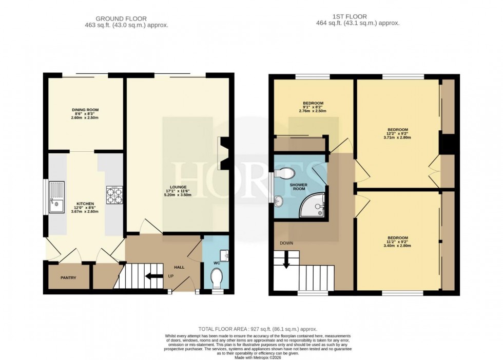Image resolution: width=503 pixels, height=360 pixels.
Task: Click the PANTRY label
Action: (x=68, y=278)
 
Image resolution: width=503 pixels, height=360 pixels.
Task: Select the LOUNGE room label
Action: (x=179, y=187)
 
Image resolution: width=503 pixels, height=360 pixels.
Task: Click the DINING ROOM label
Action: (x=85, y=110)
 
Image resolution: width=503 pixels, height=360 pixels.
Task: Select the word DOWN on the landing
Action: (x=286, y=243)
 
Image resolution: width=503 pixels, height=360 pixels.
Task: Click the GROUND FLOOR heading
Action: (x=127, y=18)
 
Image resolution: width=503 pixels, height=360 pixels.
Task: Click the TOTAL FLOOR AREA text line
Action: (x=258, y=329)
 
